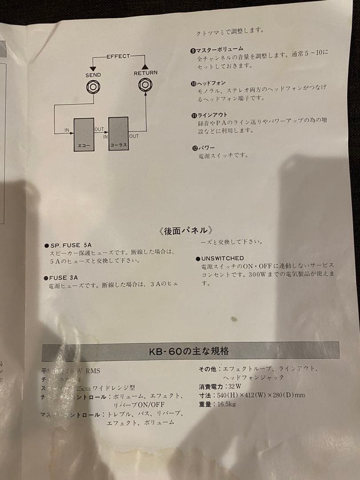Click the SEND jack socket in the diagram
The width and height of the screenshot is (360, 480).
93,88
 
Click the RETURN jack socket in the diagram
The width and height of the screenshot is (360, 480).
145,84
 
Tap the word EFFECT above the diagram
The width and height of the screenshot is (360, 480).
118,56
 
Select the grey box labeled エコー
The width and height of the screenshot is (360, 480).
84,135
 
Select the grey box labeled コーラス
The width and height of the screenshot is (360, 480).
118,134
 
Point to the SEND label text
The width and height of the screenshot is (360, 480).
93,75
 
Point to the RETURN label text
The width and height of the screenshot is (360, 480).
145,72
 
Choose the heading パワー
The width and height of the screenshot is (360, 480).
206,147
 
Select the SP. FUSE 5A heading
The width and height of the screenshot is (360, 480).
70,245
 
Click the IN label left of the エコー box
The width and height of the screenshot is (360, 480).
67,130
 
